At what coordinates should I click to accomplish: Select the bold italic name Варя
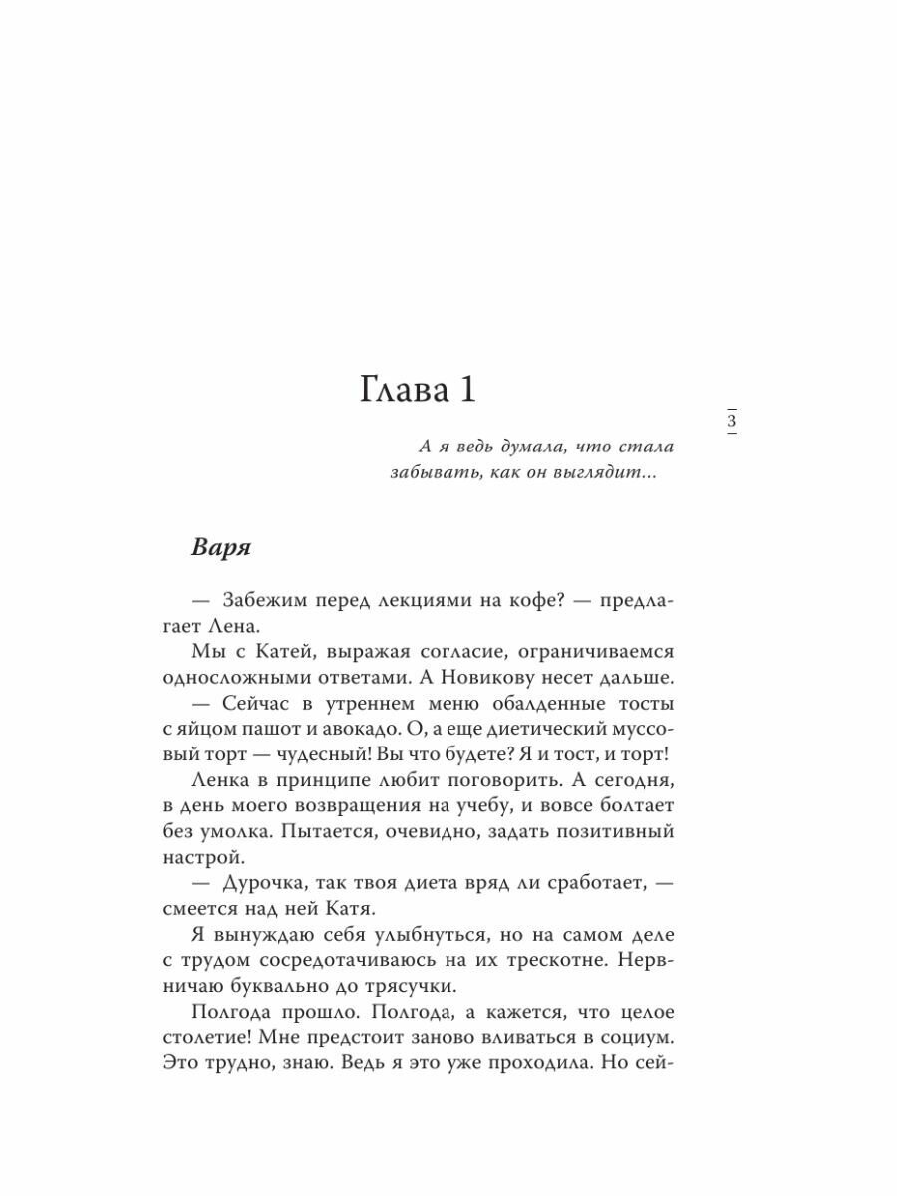pyautogui.click(x=221, y=547)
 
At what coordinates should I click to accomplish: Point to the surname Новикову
pyautogui.click(x=497, y=677)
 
